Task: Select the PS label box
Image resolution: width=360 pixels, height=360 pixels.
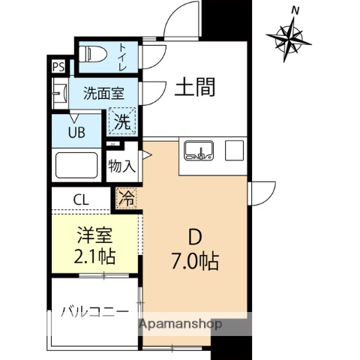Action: (58, 66)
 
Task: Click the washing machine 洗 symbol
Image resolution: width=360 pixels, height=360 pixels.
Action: (121, 118)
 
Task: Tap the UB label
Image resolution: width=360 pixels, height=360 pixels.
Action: (76, 133)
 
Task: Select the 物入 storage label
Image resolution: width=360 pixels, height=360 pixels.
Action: (121, 164)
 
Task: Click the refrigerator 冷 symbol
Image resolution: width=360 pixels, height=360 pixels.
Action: (127, 199)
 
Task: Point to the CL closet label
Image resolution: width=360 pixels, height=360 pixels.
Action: (82, 199)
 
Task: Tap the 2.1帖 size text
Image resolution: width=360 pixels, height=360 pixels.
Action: (94, 256)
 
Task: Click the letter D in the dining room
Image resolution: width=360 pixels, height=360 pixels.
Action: (194, 238)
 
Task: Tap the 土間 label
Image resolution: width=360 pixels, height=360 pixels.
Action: (196, 88)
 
